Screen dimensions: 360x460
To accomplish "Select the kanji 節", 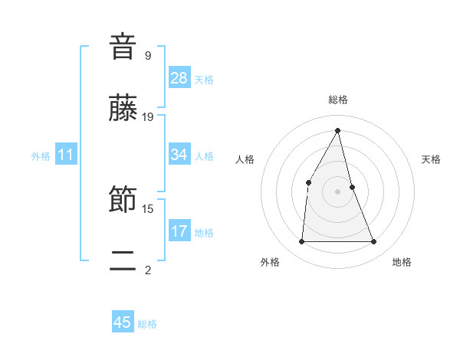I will pos(123,201).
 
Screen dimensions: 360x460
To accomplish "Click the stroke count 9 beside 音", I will pos(147,55).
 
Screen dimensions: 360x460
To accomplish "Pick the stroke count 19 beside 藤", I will pos(148,117).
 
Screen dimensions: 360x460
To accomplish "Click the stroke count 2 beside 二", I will pos(147,270).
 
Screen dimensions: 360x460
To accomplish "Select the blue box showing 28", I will pos(179,78).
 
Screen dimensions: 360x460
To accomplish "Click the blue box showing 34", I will pos(179,155).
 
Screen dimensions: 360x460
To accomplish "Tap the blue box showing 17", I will pos(179,231).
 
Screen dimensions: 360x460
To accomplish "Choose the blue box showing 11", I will pos(66,155).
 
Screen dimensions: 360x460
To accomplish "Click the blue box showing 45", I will pos(123,322).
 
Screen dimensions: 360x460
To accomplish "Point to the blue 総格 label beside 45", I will pos(148,324).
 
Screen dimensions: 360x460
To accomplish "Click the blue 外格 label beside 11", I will pos(41,156).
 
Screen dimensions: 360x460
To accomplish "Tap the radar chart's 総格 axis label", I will pos(338,100).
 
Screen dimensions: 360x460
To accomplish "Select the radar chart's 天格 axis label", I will pos(432,159).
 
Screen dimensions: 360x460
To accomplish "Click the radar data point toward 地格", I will pos(374,242).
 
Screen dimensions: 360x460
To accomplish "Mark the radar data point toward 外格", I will pos(301,242).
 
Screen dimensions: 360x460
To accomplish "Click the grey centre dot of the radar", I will pos(338,191).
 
